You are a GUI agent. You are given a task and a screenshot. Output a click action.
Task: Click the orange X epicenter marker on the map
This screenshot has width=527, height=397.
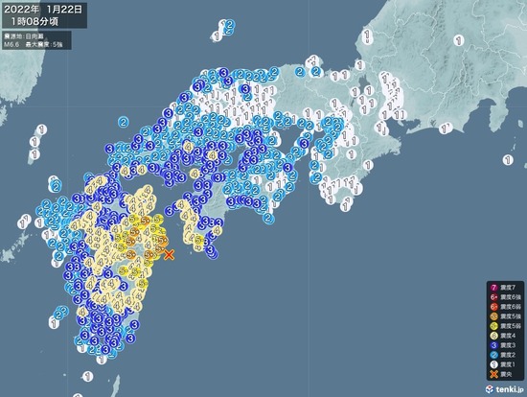click(x=169, y=254)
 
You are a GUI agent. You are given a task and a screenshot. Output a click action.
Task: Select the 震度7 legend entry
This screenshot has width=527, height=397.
click(x=502, y=287)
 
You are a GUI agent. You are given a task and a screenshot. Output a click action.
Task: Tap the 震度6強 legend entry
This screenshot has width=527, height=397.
click(x=502, y=298)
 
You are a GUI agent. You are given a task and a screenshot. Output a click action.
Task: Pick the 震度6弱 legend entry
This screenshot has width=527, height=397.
click(x=502, y=309)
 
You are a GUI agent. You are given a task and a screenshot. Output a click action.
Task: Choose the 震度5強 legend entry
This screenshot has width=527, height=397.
click(x=502, y=319)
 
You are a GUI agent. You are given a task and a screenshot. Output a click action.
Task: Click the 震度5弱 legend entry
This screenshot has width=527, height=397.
click(x=502, y=330)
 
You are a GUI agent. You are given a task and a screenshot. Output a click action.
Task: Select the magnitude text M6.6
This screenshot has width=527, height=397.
click(x=11, y=43)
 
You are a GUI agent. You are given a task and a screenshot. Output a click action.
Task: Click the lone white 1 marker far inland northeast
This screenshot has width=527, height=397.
click(x=460, y=40)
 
